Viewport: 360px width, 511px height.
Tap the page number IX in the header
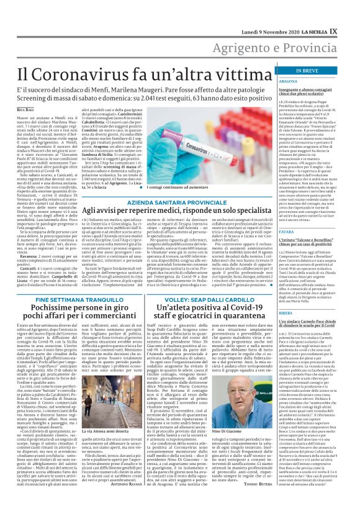pyautogui.click(x=351, y=12)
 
